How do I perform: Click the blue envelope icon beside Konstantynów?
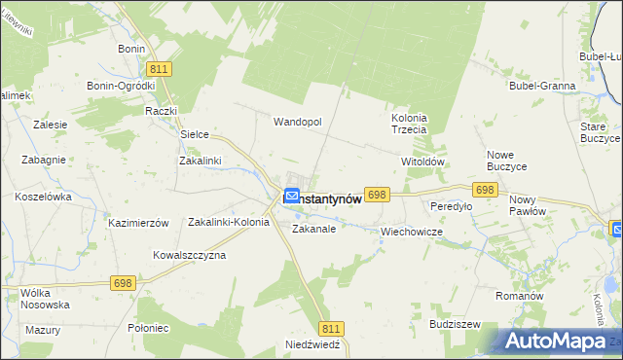(x=291, y=196)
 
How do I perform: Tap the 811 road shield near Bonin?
(x=160, y=69)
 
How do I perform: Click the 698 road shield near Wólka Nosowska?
(x=123, y=283)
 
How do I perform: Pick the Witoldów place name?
(x=423, y=162)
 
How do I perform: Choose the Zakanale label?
(x=313, y=230)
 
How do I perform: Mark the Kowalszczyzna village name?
(x=189, y=255)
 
